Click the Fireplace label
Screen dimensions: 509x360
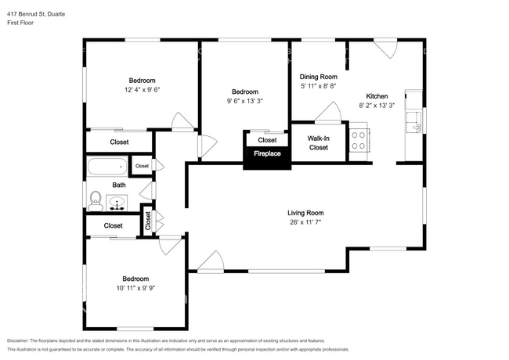267,153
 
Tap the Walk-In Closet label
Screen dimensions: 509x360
319,143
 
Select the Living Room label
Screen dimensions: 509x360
305,213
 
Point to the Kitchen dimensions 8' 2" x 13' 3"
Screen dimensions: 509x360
377,106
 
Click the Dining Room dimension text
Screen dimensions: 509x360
318,86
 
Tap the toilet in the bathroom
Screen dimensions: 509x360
96,201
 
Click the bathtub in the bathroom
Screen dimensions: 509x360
107,167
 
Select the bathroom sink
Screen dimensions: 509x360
117,203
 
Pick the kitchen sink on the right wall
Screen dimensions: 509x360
414,122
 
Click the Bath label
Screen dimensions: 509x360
119,185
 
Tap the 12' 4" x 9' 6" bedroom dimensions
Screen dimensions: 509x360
143,90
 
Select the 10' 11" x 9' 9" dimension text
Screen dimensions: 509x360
135,288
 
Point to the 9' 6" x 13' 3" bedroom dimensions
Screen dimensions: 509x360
245,101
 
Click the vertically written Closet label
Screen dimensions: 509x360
148,221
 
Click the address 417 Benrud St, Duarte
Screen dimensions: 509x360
36,14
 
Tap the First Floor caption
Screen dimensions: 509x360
20,23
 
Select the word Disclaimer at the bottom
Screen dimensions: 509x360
18,341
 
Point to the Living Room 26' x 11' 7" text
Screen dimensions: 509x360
305,222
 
